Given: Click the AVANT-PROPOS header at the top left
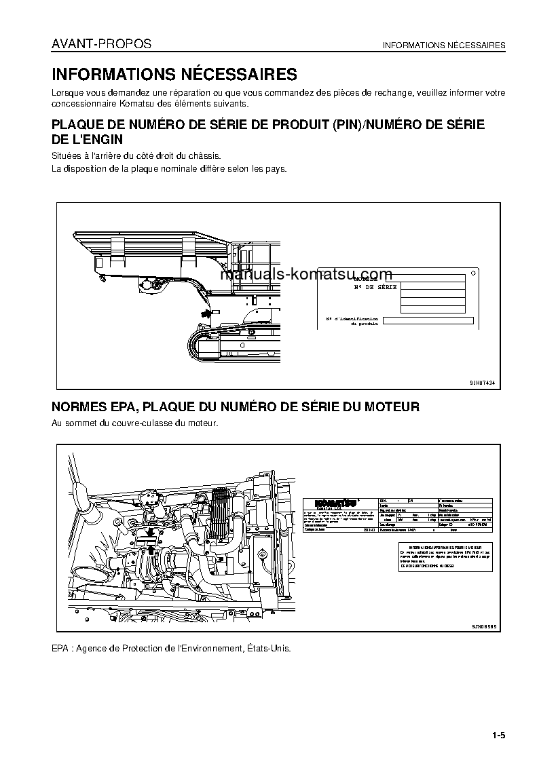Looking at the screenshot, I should click(101, 45).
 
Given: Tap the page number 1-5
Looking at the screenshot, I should click(499, 736).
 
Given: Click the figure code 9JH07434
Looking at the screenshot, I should click(482, 383).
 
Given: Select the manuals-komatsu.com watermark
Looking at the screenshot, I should click(306, 275).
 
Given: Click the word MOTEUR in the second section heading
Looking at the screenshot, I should click(392, 407).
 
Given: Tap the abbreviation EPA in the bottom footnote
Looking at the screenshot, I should click(60, 648).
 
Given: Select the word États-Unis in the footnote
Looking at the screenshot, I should click(271, 648).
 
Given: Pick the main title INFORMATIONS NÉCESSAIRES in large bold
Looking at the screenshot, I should click(174, 74).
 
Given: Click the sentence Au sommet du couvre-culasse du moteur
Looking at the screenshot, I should click(134, 423).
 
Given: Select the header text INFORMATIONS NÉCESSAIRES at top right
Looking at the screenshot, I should click(444, 45).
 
